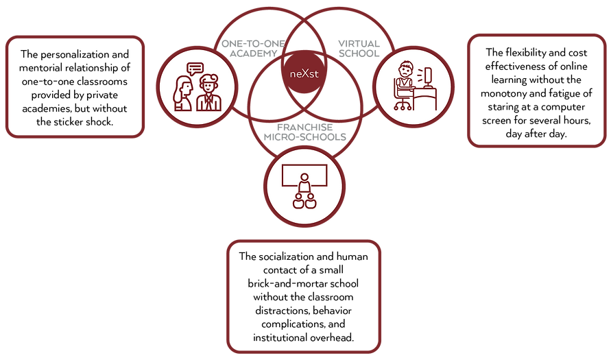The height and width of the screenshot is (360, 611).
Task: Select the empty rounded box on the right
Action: coord(536,90)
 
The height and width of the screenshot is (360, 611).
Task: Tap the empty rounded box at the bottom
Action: coord(304,296)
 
